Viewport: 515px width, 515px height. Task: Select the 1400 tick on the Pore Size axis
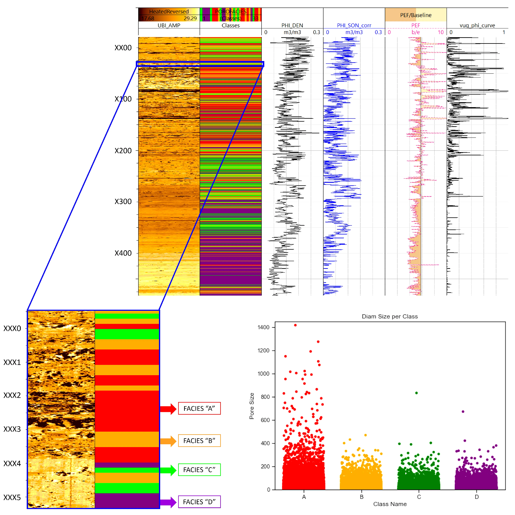263,327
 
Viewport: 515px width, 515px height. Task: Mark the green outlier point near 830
416,393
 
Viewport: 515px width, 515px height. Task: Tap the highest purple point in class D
463,412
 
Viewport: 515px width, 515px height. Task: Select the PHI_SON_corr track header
354,25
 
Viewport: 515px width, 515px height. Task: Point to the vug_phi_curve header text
477,25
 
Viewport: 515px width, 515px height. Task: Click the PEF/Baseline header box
416,15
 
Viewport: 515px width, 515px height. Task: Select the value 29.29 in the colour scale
190,18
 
